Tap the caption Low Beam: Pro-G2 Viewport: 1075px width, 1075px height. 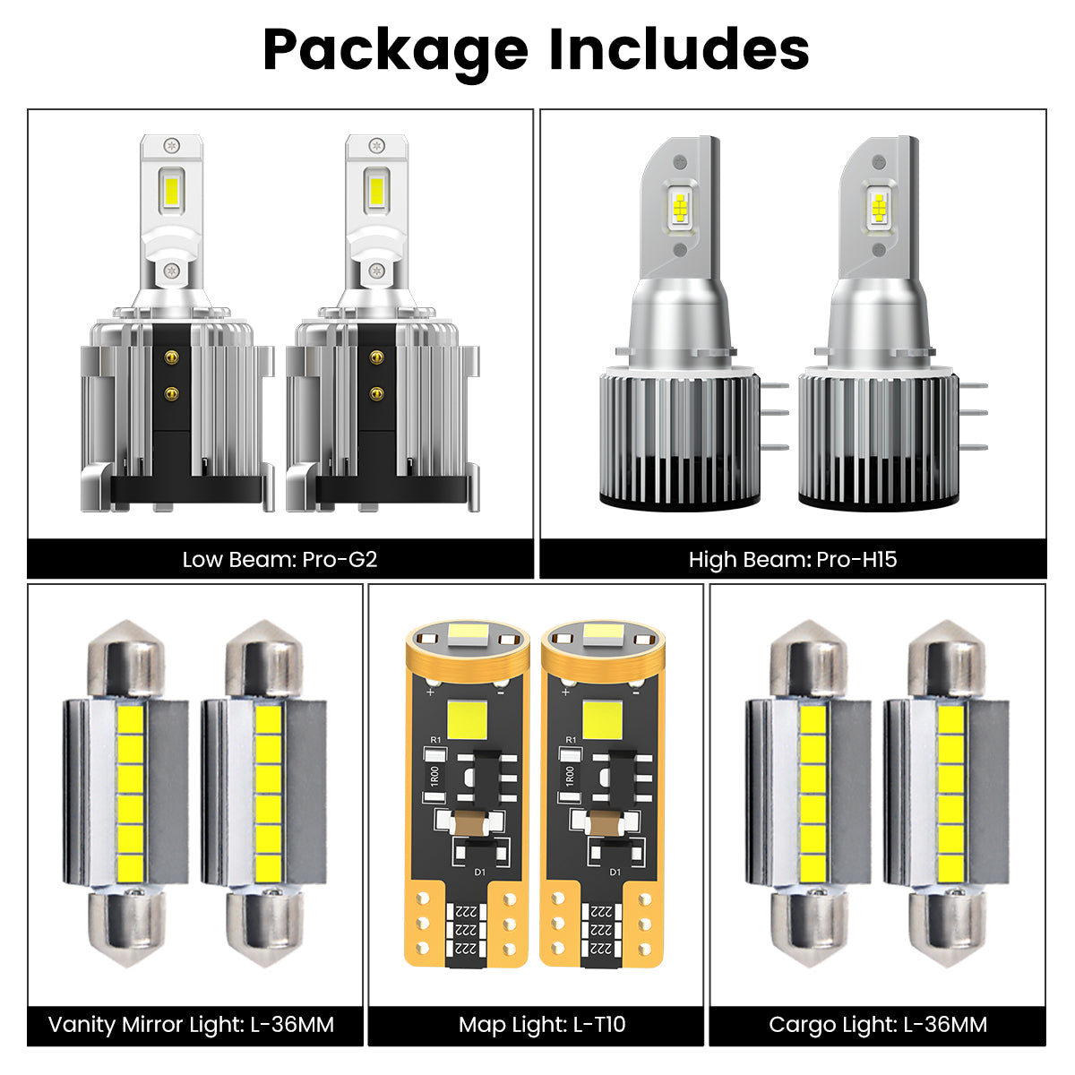(279, 560)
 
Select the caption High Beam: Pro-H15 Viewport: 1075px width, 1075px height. (793, 560)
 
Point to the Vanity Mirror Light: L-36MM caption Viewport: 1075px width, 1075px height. (191, 1024)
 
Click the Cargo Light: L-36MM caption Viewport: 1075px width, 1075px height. (878, 1024)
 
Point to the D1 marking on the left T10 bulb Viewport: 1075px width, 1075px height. (478, 872)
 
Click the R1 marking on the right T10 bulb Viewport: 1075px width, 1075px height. (571, 740)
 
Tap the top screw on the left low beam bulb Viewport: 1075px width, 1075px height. (170, 144)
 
